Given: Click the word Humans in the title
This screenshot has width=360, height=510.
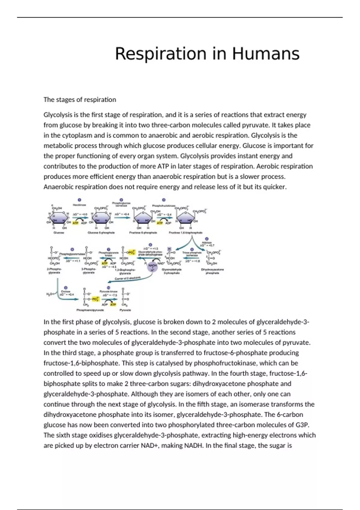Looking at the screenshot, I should click(265, 54).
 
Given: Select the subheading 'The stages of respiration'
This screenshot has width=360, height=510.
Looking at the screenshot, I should click(80, 100).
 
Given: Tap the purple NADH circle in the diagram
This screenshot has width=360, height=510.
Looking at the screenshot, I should click(153, 266).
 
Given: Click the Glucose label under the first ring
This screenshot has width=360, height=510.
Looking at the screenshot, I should click(58, 232).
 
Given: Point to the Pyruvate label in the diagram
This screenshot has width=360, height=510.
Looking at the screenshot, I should click(125, 310).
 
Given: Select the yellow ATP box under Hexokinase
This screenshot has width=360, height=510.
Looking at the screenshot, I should click(75, 223).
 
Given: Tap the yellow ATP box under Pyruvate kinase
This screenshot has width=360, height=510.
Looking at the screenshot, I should click(113, 304).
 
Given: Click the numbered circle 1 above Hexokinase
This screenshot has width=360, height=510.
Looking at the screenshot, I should click(79, 200).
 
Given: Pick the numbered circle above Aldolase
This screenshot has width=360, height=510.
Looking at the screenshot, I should click(207, 239).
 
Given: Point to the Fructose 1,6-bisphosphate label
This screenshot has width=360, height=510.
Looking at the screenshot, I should click(186, 232).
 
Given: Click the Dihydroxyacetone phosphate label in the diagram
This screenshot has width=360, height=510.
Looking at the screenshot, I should click(212, 271).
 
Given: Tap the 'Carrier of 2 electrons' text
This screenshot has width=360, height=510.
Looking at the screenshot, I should click(128, 279).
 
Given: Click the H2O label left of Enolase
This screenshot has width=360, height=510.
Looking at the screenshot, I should click(49, 294).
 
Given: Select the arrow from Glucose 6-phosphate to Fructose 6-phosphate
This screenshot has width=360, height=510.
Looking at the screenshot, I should click(122, 217).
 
